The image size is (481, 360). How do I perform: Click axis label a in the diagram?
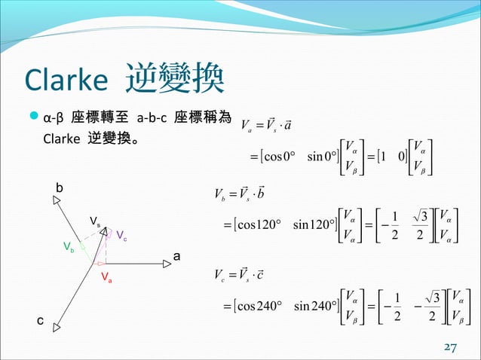coord(177,257)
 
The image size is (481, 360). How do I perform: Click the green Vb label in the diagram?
coord(68,247)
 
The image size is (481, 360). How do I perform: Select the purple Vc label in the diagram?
coord(121,235)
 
